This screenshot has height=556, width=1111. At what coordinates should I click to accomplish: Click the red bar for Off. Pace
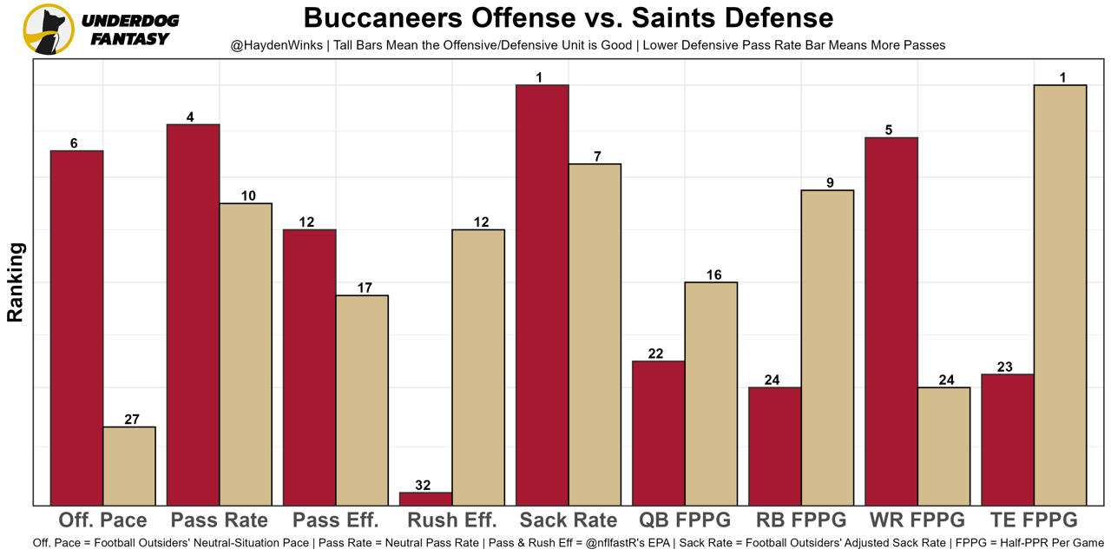coord(77,328)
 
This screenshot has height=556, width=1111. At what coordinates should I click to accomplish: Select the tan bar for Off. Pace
coord(129,466)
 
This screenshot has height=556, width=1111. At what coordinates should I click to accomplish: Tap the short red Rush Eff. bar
coord(425,499)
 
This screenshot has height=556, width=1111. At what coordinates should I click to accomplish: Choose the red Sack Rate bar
coord(542,295)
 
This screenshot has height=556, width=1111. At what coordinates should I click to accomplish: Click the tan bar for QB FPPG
coord(711,394)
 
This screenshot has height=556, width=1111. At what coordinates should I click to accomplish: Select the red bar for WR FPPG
coord(891,321)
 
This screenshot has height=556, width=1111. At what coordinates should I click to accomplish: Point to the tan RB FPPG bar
coord(827,347)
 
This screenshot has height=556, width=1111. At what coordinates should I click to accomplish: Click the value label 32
coord(423,486)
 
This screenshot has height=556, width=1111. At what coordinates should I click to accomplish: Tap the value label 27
coord(132,420)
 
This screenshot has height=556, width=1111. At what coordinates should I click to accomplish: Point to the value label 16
coord(713,275)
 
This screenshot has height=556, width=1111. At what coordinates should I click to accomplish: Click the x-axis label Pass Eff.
coord(336,520)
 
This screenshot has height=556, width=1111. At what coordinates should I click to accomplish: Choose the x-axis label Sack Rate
coord(568,520)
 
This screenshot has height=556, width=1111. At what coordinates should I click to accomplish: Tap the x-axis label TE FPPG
coord(1034,520)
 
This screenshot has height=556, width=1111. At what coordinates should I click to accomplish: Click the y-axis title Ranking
coord(16,282)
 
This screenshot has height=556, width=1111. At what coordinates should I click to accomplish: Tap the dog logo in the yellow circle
coord(49,30)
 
